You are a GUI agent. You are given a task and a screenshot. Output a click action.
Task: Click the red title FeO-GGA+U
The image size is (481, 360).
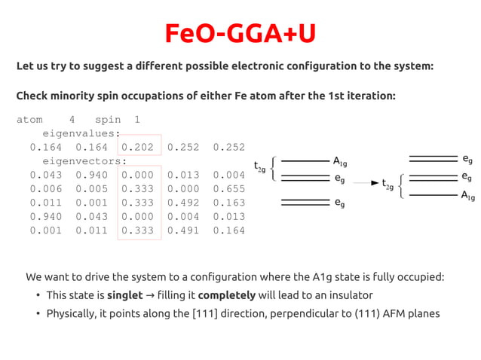click(240, 34)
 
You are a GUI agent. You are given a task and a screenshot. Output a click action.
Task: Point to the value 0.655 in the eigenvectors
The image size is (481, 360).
click(229, 189)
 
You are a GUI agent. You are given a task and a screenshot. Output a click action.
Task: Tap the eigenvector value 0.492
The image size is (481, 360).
click(183, 203)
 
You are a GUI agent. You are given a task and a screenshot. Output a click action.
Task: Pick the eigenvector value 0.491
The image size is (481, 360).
click(183, 230)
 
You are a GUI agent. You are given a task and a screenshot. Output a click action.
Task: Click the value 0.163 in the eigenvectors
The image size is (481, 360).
click(229, 203)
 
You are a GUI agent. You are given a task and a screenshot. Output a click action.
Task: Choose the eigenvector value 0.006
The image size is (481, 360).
click(46, 189)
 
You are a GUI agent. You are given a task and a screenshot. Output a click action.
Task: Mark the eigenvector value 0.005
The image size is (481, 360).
click(92, 189)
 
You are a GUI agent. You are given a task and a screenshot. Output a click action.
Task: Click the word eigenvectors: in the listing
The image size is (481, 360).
click(84, 161)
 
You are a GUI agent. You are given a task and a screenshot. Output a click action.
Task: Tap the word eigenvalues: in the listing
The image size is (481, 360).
click(81, 133)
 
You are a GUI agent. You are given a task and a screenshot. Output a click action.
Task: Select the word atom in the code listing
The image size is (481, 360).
click(30, 120)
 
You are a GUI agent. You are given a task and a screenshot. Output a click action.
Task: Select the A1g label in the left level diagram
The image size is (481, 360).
click(340, 161)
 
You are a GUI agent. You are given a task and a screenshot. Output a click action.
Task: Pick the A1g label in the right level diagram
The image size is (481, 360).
click(467, 197)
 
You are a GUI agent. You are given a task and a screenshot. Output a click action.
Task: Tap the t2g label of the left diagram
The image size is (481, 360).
click(260, 166)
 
